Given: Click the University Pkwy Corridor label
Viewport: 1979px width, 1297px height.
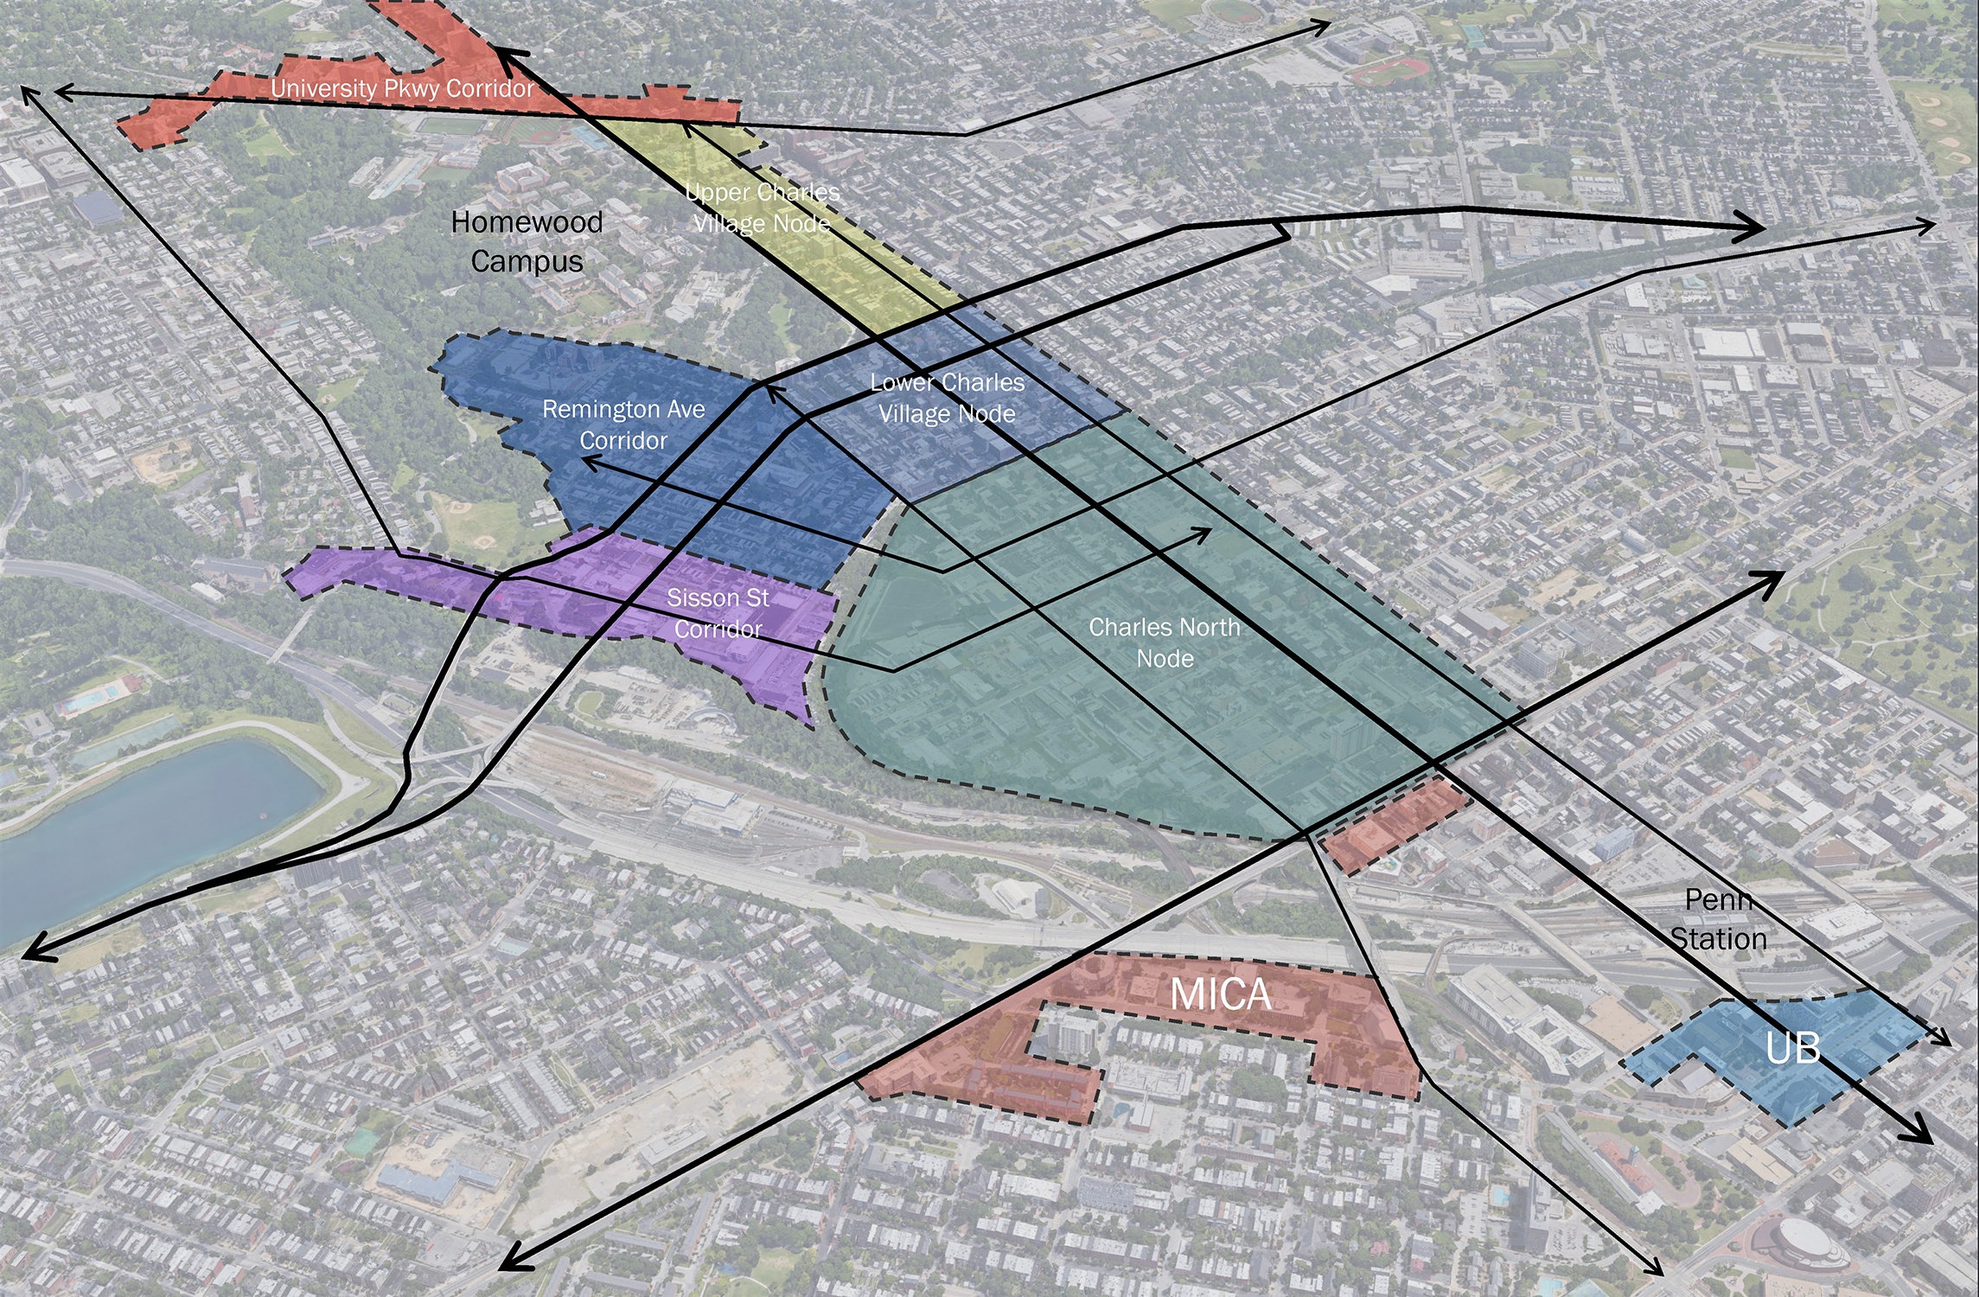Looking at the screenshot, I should click(x=402, y=89).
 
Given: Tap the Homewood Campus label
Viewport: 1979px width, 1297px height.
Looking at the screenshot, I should click(x=527, y=241).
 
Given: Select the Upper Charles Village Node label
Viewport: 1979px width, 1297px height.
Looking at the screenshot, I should click(x=762, y=208).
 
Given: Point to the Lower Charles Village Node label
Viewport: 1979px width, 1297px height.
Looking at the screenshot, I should click(x=947, y=398).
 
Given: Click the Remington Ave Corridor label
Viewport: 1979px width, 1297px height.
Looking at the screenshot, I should click(x=623, y=425).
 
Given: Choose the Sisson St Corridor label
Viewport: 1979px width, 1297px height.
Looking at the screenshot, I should click(x=718, y=613).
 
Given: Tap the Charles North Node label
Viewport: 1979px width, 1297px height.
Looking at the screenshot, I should click(x=1165, y=642).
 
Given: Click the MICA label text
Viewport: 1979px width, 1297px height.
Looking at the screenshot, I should click(x=1220, y=994).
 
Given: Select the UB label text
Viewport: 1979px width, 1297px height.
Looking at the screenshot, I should click(x=1792, y=1049).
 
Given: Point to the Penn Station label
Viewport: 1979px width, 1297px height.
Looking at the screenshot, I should click(x=1718, y=919).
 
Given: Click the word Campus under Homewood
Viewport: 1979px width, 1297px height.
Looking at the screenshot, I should click(x=527, y=261).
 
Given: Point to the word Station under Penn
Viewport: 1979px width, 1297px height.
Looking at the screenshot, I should click(x=1718, y=939).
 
